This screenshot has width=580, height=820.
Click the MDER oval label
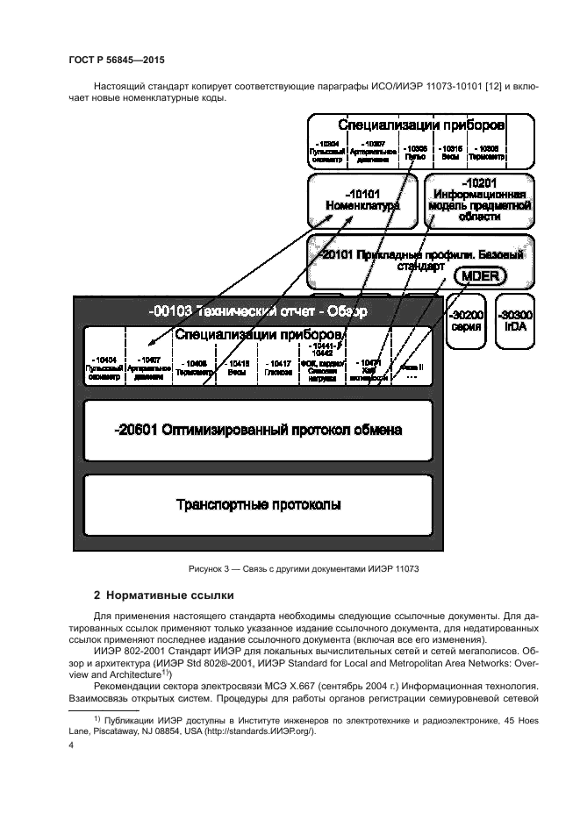coord(479,276)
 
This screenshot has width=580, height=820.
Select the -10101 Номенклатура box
coord(362,201)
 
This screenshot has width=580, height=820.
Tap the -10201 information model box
coord(479,201)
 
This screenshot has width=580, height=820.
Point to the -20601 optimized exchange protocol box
coord(258,431)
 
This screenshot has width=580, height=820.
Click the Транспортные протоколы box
coord(258,505)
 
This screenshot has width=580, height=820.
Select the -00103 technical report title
coord(258,310)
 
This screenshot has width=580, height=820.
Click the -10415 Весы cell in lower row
coord(236,367)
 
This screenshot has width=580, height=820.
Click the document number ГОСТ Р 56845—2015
coord(116,60)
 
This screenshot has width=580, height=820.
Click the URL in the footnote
coord(275,730)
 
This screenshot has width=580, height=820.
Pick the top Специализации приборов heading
coord(421,125)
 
